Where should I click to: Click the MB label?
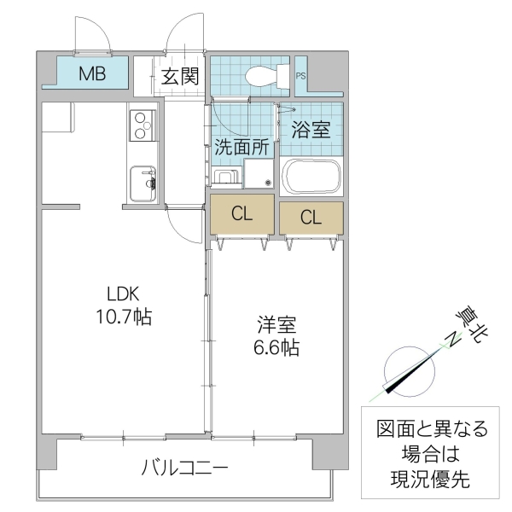tap(92, 73)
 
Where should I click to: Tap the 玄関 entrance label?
tap(180, 78)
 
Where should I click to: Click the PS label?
tap(300, 77)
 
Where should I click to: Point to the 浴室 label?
tap(311, 131)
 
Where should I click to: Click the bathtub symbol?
tap(311, 177)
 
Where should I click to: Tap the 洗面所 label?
tap(241, 146)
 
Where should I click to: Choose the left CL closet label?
tap(243, 215)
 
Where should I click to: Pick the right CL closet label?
tap(311, 218)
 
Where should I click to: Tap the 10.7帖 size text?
tap(123, 318)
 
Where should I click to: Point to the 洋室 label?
tap(278, 326)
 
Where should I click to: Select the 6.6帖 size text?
tap(278, 348)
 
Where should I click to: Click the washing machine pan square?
tap(259, 174)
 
